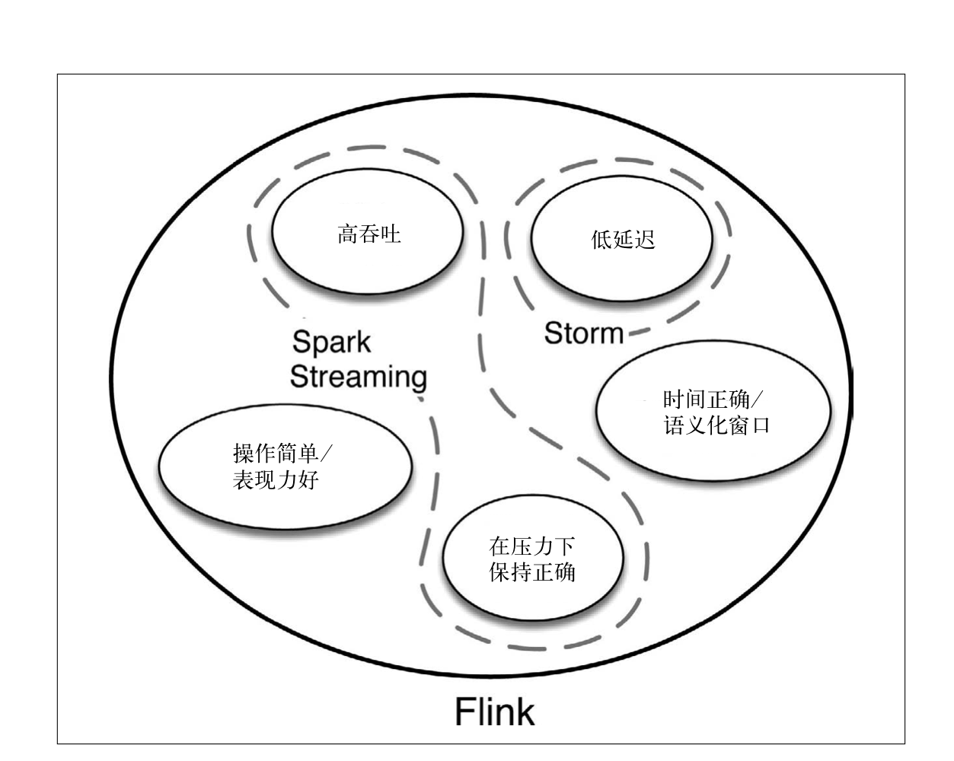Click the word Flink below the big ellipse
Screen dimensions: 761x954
(x=495, y=712)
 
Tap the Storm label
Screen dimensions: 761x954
(x=584, y=333)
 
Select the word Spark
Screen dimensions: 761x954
(x=331, y=342)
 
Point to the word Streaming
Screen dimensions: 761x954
(x=359, y=377)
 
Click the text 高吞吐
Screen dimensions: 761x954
(x=369, y=234)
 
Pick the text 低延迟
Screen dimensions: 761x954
(x=623, y=240)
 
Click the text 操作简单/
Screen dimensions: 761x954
(x=282, y=454)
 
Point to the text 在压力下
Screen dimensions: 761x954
(x=532, y=546)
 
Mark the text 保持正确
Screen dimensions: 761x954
(x=532, y=572)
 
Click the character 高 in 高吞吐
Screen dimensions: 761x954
(x=348, y=234)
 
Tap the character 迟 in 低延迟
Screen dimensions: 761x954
(x=645, y=240)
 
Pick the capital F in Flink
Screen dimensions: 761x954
(x=465, y=712)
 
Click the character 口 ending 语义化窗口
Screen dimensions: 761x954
(x=760, y=425)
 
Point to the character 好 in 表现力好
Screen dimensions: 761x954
(x=308, y=480)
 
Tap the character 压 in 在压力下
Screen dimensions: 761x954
(x=522, y=546)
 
